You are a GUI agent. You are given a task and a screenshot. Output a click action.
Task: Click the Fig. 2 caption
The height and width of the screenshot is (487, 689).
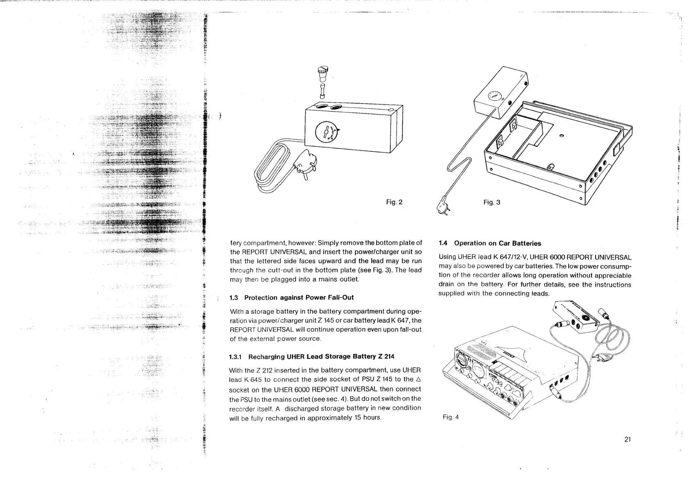pos(394,202)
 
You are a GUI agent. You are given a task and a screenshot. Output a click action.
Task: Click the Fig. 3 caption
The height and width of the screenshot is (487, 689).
pos(492,202)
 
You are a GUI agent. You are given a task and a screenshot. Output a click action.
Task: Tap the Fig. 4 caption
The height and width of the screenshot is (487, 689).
pos(450,417)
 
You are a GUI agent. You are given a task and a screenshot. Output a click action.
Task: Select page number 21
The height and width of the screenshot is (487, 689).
pos(628,440)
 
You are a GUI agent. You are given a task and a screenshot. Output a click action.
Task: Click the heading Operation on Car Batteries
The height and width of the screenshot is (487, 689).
pos(497,243)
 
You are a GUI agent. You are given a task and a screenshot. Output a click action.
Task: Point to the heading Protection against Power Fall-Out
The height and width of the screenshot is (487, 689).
pos(299,298)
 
